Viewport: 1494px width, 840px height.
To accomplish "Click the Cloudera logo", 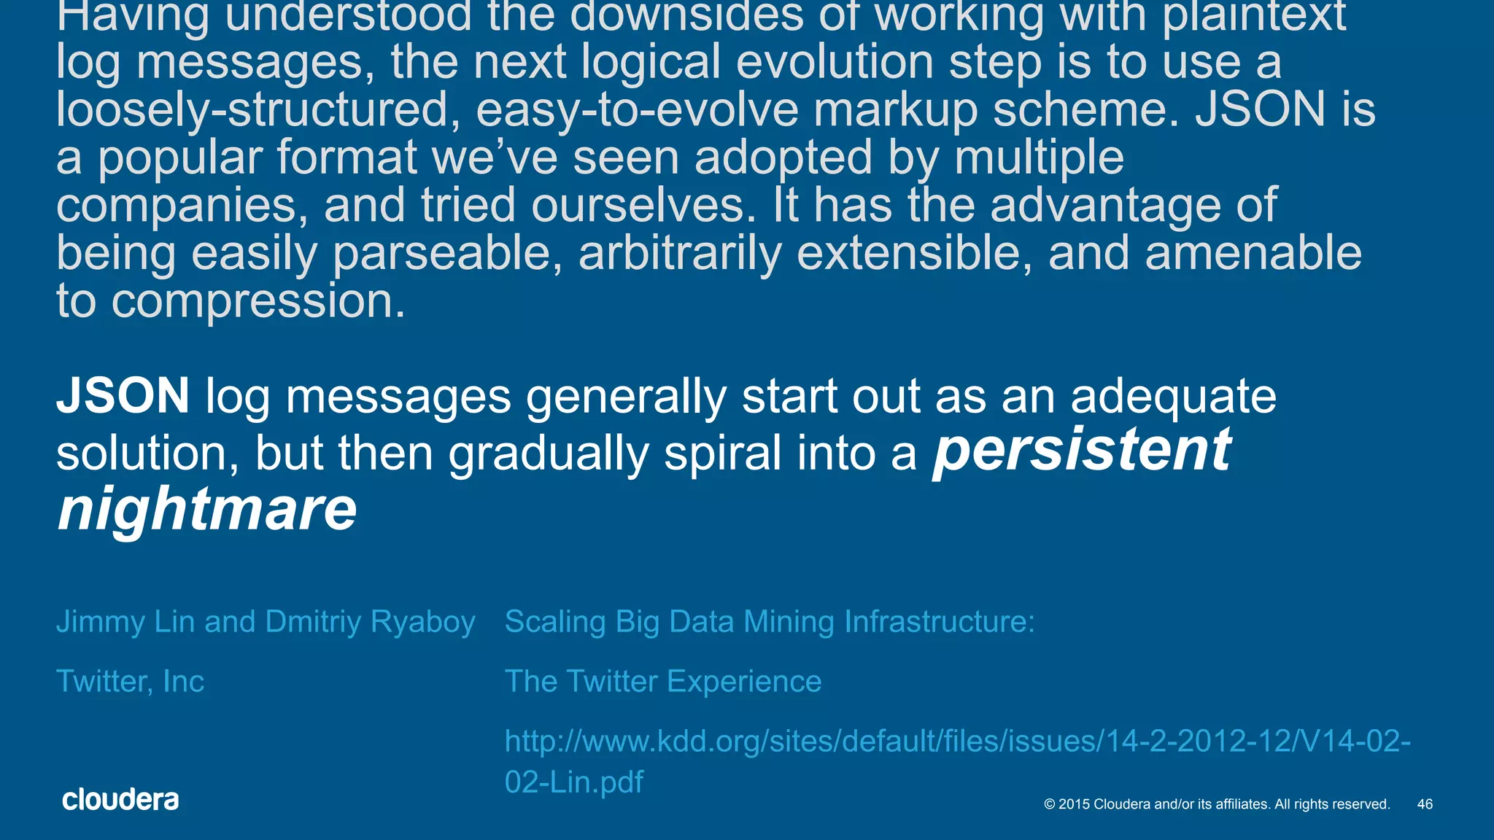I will (120, 800).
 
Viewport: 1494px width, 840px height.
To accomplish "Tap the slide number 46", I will (1425, 804).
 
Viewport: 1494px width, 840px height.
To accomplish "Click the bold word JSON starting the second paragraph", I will (123, 396).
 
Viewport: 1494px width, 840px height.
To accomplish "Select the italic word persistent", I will (1083, 451).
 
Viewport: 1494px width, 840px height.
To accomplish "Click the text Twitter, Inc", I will (130, 681).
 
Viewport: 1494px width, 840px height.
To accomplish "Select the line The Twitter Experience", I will (663, 681).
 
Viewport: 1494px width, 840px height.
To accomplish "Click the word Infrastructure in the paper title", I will (939, 621).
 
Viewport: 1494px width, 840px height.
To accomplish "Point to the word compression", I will (258, 301).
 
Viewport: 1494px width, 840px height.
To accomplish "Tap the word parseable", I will (446, 254).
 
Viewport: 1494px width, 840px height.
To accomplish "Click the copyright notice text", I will (1217, 804).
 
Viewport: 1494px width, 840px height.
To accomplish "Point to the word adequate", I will (1173, 397).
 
